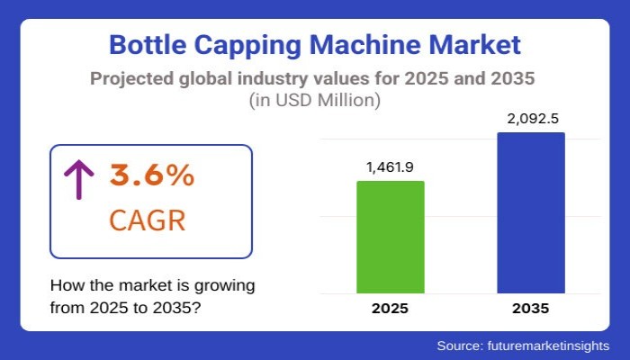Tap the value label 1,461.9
[390, 167]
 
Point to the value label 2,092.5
[531, 119]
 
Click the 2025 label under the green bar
[390, 308]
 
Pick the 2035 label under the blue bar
[531, 308]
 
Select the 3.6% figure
[152, 176]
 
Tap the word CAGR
[148, 220]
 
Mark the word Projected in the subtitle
[131, 77]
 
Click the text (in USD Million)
[314, 101]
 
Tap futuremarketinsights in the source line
[548, 346]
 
